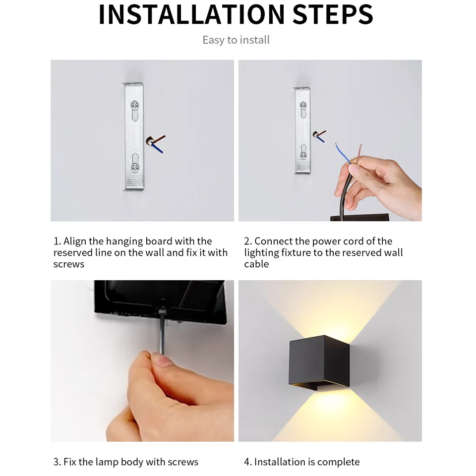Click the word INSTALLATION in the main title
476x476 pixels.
191,14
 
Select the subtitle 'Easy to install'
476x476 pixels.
236,40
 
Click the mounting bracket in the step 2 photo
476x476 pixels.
302,130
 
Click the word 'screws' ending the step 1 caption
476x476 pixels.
69,264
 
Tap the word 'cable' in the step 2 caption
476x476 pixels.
256,264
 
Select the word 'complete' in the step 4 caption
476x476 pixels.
339,462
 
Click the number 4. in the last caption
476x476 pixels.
247,462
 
